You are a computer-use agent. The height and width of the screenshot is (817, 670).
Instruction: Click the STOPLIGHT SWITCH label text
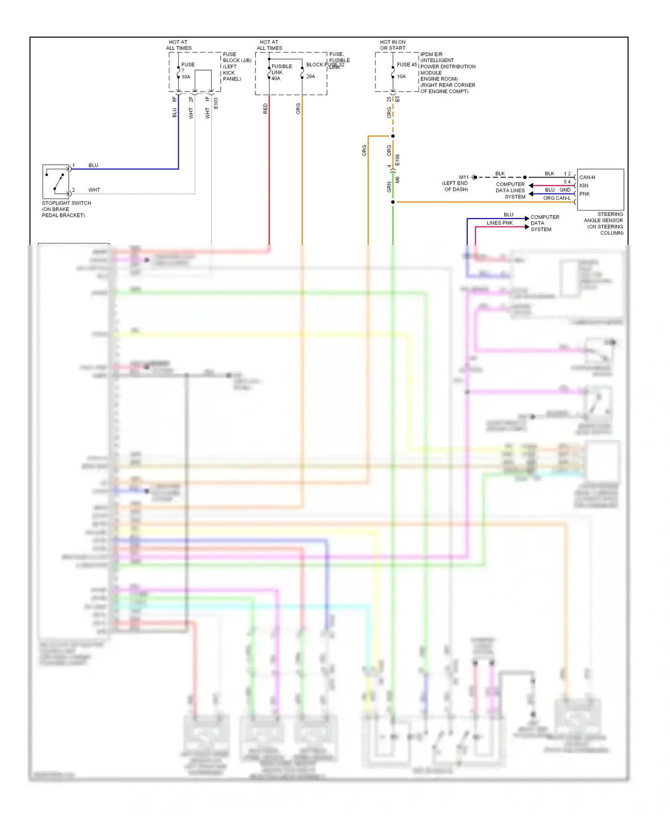[66, 203]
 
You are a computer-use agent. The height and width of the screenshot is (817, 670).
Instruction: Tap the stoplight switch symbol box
[56, 181]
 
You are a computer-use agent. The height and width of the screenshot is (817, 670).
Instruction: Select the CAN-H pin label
[587, 177]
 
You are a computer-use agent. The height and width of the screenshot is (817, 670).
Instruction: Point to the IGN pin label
[583, 185]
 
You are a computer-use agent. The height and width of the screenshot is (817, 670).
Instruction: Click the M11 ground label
[464, 177]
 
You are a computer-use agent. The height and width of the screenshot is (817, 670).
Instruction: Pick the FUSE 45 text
[406, 65]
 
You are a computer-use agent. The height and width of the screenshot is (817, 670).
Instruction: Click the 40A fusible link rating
[276, 79]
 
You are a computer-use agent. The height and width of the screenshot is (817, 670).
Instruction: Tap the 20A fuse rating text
[310, 77]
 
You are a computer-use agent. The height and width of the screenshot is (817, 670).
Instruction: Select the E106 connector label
[397, 160]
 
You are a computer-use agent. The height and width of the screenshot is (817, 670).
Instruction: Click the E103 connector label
[215, 103]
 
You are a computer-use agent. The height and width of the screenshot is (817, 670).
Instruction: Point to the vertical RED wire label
[265, 109]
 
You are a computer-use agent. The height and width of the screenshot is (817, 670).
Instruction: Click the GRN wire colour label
[389, 187]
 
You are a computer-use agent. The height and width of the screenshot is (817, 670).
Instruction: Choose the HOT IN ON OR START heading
[393, 45]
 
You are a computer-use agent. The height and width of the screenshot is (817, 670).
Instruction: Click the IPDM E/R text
[431, 55]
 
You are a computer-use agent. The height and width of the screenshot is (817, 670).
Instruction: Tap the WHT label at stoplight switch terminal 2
[94, 190]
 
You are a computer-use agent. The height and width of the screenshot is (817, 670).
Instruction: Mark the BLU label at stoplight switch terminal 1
[93, 165]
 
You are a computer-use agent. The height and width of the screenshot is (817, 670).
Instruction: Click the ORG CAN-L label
[556, 198]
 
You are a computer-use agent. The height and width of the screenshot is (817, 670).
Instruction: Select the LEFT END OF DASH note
[455, 186]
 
